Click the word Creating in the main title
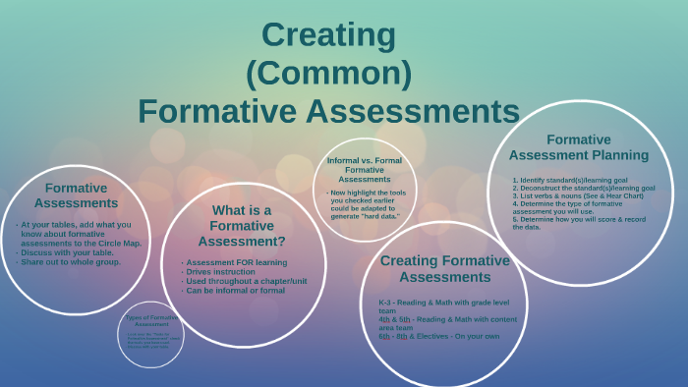(328, 35)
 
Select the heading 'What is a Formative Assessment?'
(242, 225)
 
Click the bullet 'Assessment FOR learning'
(236, 262)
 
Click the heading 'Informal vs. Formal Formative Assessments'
(364, 169)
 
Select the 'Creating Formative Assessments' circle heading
(444, 268)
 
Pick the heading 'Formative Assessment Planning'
(578, 147)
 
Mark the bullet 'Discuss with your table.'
(67, 253)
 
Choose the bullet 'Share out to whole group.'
(70, 262)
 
